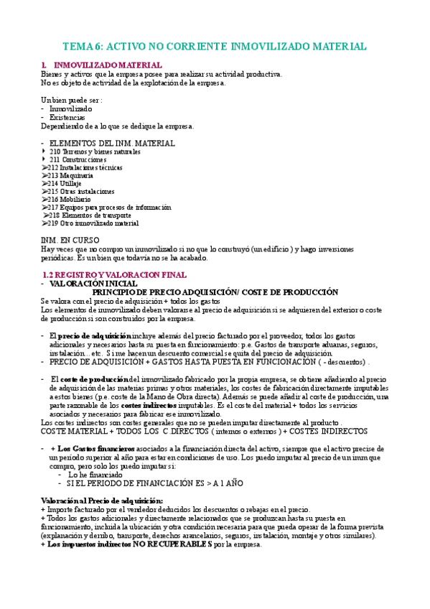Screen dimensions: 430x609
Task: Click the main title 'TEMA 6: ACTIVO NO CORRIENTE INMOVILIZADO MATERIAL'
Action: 215,46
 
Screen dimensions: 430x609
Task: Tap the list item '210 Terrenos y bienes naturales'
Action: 95,152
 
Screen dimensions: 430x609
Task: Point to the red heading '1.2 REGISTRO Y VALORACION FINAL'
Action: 115,275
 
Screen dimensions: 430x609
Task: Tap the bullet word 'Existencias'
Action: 67,117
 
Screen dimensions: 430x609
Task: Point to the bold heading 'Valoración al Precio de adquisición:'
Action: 102,500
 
